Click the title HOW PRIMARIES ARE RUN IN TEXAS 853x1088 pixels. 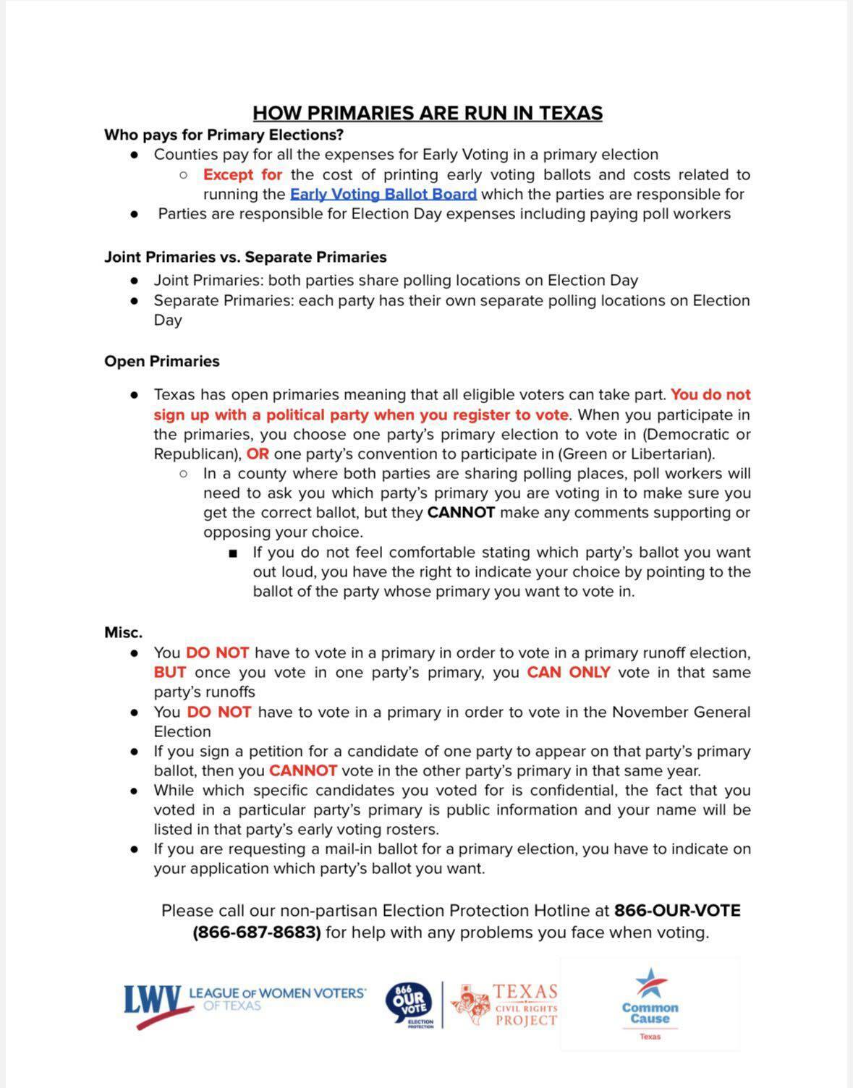point(427,113)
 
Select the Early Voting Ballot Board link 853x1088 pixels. point(383,194)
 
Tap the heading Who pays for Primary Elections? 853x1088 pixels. point(224,135)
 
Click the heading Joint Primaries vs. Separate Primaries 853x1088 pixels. point(245,257)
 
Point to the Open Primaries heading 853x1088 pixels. point(162,361)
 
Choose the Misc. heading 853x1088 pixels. point(123,632)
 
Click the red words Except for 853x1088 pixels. point(242,174)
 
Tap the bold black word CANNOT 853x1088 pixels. point(461,512)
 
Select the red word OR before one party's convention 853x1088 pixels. point(258,454)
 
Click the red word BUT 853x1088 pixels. point(169,672)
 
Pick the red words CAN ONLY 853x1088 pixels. point(568,672)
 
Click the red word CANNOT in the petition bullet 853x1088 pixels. point(302,770)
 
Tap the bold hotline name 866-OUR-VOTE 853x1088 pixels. point(677,910)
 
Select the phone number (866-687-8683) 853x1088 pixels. point(257,932)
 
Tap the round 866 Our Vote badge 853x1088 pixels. point(408,1004)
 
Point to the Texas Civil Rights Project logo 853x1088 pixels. point(506,1005)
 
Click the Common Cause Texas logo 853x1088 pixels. point(650,1004)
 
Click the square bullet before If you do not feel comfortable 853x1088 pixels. point(232,553)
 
